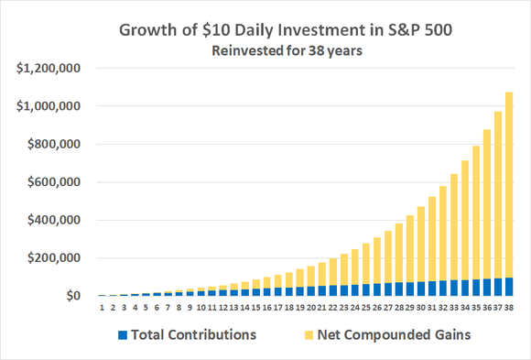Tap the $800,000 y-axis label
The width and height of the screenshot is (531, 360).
tap(51, 145)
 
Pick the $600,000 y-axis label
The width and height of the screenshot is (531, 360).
tap(51, 182)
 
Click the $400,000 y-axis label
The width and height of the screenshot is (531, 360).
tap(51, 221)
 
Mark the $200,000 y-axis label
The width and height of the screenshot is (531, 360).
tap(51, 258)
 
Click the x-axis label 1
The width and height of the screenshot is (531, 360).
tap(103, 305)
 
